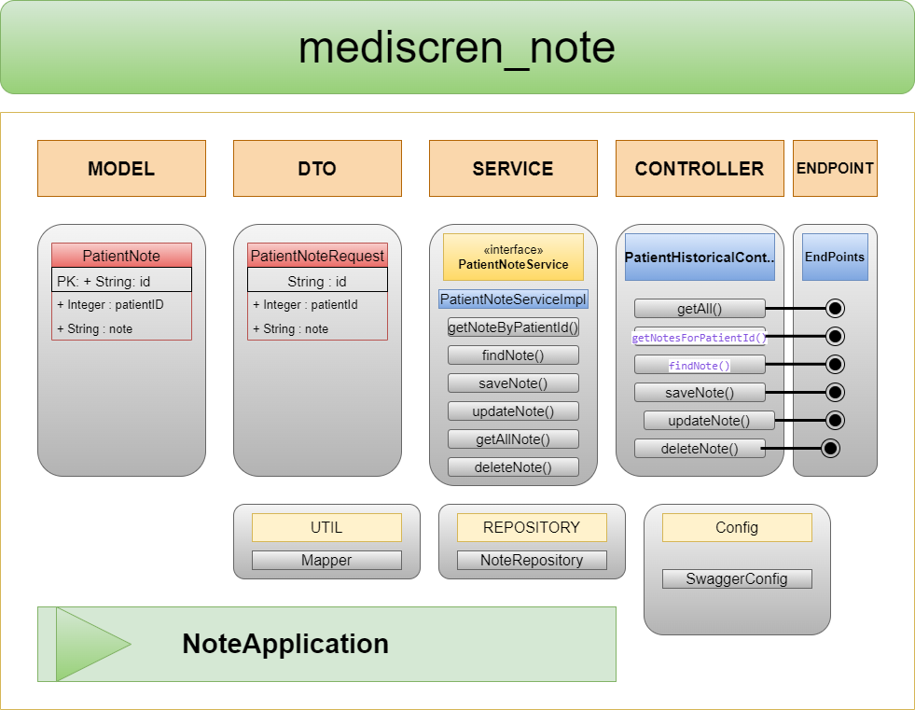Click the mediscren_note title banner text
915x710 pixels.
457,48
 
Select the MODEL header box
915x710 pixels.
121,169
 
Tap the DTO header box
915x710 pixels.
317,169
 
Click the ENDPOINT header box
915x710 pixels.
835,169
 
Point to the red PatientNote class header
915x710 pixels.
121,256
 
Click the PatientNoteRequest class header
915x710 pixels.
317,256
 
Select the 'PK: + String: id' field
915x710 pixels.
121,281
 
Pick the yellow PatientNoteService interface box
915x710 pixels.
513,258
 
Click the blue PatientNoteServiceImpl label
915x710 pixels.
513,299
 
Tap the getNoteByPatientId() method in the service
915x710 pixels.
513,327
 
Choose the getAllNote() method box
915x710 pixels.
513,439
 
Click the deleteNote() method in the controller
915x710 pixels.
700,449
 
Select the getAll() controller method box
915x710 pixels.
700,309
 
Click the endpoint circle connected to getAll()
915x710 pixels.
835,309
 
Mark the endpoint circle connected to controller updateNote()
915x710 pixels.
835,421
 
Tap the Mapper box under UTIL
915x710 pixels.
326,561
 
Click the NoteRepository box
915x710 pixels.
532,561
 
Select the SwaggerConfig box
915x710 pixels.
737,579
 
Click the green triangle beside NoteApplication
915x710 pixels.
89,644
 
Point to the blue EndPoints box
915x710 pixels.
835,258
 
